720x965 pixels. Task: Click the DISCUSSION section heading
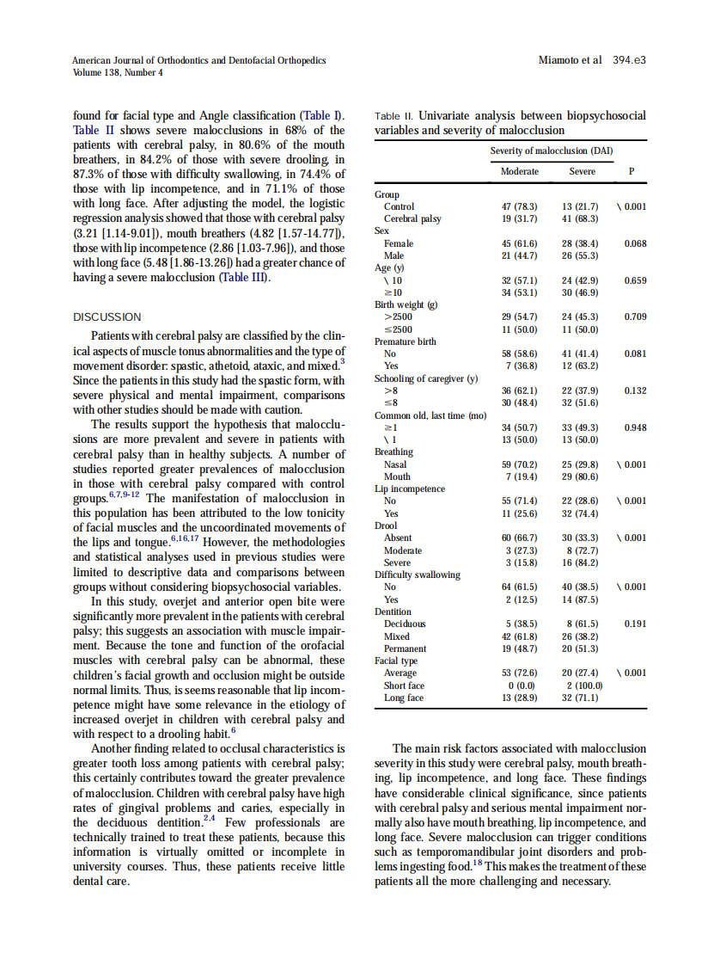click(x=107, y=317)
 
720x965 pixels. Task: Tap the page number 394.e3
click(x=629, y=60)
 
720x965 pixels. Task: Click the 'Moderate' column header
click(x=520, y=171)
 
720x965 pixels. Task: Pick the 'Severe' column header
click(x=582, y=171)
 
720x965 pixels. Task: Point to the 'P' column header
click(x=632, y=171)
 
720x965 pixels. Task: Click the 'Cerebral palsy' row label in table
click(x=412, y=218)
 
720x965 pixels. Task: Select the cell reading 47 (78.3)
click(x=520, y=206)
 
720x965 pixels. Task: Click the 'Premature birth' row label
click(x=405, y=341)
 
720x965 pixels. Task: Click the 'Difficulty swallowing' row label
click(x=417, y=575)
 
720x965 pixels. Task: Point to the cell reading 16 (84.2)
click(x=582, y=562)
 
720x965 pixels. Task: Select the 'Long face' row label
click(x=404, y=698)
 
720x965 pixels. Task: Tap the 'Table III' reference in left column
click(x=245, y=277)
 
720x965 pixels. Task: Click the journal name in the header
click(x=198, y=60)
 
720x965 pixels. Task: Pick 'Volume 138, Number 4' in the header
click(x=117, y=72)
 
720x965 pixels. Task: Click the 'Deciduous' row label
click(x=405, y=624)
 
